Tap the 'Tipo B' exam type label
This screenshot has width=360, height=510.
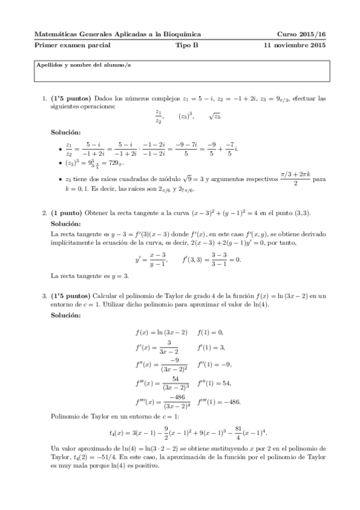tap(186, 45)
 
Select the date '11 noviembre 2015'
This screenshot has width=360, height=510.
tap(295, 45)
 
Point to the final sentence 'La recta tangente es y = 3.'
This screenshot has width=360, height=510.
tap(90, 276)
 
